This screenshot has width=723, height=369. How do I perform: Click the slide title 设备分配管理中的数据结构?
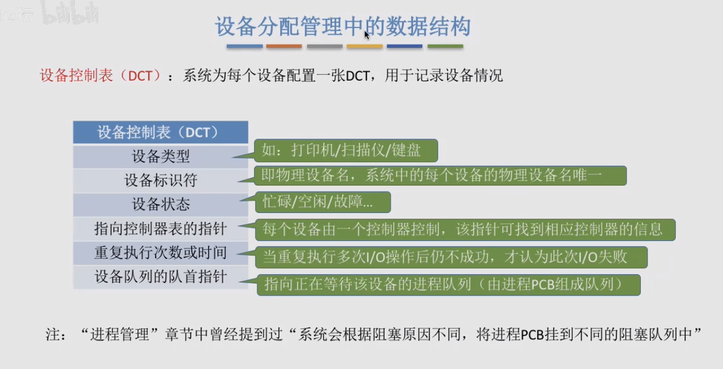(x=343, y=26)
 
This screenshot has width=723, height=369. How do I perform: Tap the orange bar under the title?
(x=284, y=46)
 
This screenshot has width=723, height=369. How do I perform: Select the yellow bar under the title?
(x=365, y=46)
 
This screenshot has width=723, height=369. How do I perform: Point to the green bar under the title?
(x=445, y=46)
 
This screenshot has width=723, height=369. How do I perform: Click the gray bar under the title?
(x=325, y=46)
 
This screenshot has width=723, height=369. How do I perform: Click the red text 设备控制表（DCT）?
(x=100, y=76)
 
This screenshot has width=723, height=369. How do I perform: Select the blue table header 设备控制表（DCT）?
(x=160, y=132)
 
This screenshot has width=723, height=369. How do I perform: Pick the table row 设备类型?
(x=160, y=156)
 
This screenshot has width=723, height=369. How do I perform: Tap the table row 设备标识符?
(x=160, y=180)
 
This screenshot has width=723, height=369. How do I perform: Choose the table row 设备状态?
(x=160, y=205)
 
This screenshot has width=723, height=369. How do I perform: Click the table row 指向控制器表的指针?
(x=160, y=229)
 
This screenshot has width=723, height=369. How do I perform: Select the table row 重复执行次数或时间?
(x=160, y=253)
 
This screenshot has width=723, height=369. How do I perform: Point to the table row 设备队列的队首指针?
(x=160, y=277)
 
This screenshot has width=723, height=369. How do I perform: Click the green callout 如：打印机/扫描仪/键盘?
(x=346, y=151)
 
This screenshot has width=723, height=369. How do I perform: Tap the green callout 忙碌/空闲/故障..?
(x=323, y=202)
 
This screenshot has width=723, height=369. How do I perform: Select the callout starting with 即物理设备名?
(x=440, y=175)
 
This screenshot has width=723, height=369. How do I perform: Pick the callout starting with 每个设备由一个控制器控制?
(x=465, y=230)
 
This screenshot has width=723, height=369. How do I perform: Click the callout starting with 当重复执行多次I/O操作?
(x=451, y=257)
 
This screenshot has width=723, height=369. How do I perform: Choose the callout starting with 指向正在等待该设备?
(x=449, y=285)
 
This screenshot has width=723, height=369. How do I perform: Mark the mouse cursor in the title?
(x=366, y=35)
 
